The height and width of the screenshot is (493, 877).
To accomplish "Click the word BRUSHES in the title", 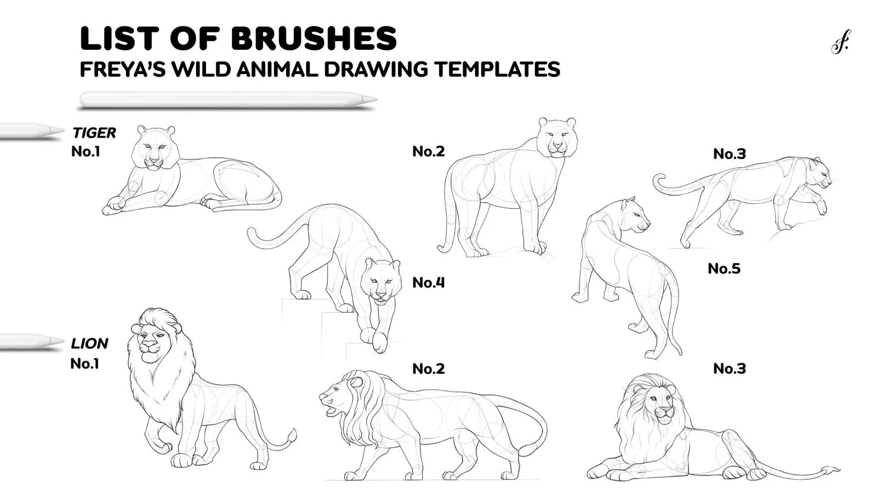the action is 314,38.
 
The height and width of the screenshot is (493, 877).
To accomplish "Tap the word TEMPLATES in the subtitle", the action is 498,69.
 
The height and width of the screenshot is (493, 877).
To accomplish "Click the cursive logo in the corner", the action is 840,42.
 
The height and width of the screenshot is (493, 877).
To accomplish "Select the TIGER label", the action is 94,133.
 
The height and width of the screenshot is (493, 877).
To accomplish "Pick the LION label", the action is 89,343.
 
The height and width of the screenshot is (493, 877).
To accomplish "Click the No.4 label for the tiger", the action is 429,283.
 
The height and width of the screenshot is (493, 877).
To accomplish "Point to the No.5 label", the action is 724,268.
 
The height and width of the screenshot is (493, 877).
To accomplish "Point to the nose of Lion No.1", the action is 149,345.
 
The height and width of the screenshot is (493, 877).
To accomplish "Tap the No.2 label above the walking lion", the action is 429,369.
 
